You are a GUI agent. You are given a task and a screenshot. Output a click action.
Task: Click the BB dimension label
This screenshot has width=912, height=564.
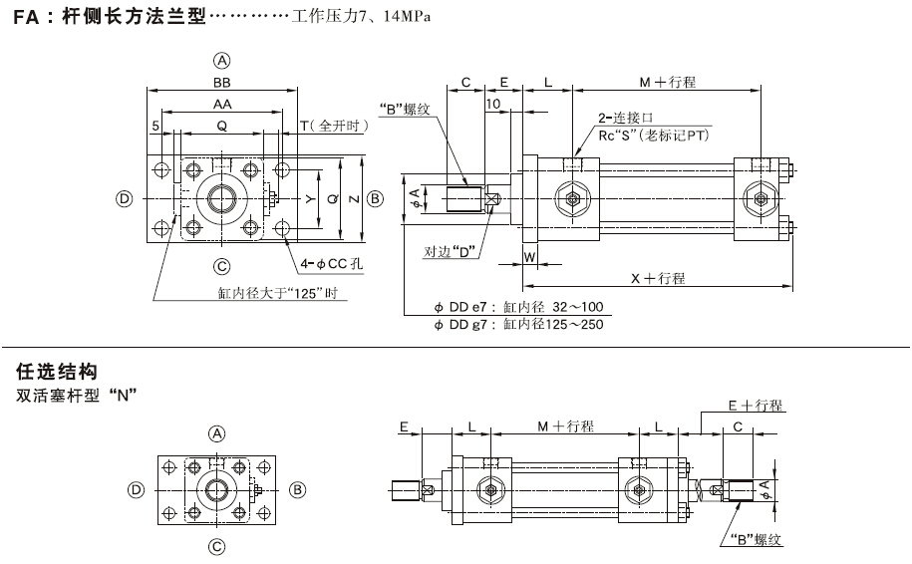pos(222,84)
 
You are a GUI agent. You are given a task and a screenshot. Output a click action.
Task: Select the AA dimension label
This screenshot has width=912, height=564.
pos(222,104)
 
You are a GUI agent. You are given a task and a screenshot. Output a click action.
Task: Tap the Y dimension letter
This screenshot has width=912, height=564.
pos(310,199)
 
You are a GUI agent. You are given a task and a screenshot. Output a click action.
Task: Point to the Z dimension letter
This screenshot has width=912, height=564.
pos(356,199)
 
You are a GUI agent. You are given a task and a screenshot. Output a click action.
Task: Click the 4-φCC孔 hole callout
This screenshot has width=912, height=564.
pos(333,264)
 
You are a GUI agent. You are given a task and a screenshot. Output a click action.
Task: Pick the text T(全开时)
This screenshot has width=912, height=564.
pos(335,126)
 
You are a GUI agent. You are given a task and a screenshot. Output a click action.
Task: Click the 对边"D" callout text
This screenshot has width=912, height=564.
pos(450,250)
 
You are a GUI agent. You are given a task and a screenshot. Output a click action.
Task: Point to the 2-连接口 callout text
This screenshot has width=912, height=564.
pos(625,118)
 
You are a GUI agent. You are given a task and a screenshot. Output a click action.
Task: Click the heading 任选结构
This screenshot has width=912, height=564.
pos(56,372)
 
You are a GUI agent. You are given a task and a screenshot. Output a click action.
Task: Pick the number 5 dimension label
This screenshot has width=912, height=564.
pos(156,126)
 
